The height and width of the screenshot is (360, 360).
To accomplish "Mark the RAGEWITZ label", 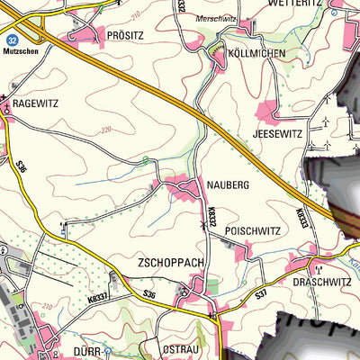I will [x=35, y=103].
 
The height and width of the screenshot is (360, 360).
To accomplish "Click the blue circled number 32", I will [x=12, y=40].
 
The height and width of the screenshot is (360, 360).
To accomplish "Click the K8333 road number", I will [x=300, y=217].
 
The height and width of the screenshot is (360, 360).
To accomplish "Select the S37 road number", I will [x=261, y=294].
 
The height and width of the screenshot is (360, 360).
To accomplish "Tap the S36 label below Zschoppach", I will [x=148, y=293].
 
